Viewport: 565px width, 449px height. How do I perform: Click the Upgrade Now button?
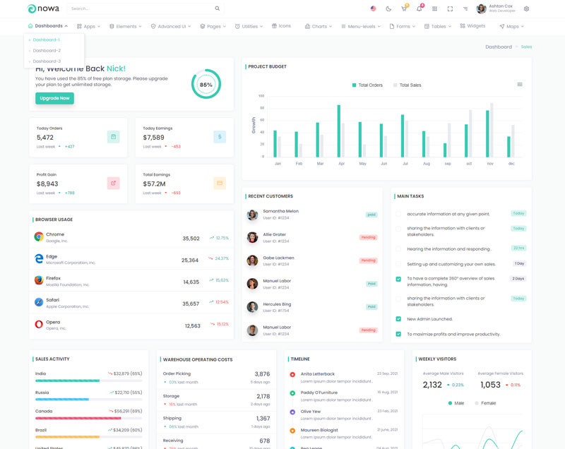(x=54, y=98)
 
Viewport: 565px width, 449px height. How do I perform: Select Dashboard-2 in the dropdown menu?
(x=47, y=51)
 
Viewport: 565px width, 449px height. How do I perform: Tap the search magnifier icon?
(x=218, y=8)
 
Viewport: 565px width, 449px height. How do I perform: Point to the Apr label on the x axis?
(x=341, y=163)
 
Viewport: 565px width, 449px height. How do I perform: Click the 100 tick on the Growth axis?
(x=261, y=96)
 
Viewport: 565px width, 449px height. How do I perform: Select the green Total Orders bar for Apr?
(x=339, y=131)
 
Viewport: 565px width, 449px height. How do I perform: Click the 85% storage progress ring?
(x=206, y=84)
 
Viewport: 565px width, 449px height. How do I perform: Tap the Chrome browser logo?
(x=39, y=237)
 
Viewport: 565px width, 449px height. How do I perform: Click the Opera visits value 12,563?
(x=192, y=326)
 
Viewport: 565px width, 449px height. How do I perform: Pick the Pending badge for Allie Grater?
(x=368, y=237)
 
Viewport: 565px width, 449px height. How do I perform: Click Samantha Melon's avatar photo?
(x=252, y=215)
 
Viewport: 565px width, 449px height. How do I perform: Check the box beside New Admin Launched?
(x=398, y=319)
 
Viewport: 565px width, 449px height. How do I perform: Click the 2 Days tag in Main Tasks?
(x=518, y=279)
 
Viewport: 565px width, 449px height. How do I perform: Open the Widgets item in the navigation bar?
(x=472, y=26)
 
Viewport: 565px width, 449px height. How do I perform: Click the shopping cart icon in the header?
(x=404, y=9)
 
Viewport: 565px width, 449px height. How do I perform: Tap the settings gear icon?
(x=526, y=9)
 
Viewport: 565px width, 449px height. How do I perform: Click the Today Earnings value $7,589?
(x=153, y=138)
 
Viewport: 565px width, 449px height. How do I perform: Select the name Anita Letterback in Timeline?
(x=318, y=373)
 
